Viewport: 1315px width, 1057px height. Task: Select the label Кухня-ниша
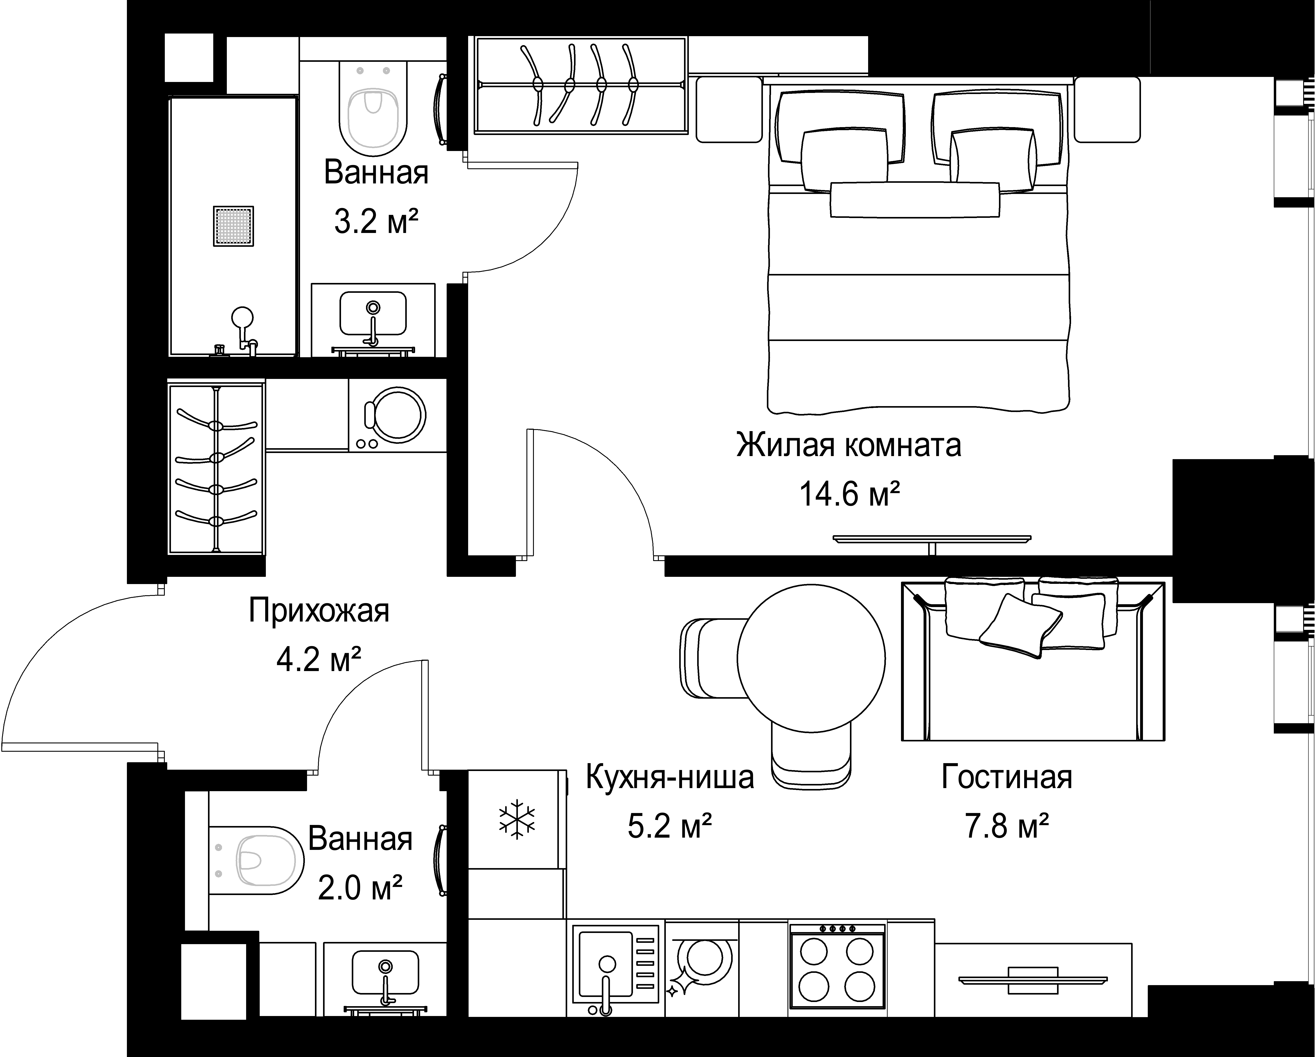[670, 778]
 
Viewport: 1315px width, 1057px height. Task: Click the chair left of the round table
[711, 657]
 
